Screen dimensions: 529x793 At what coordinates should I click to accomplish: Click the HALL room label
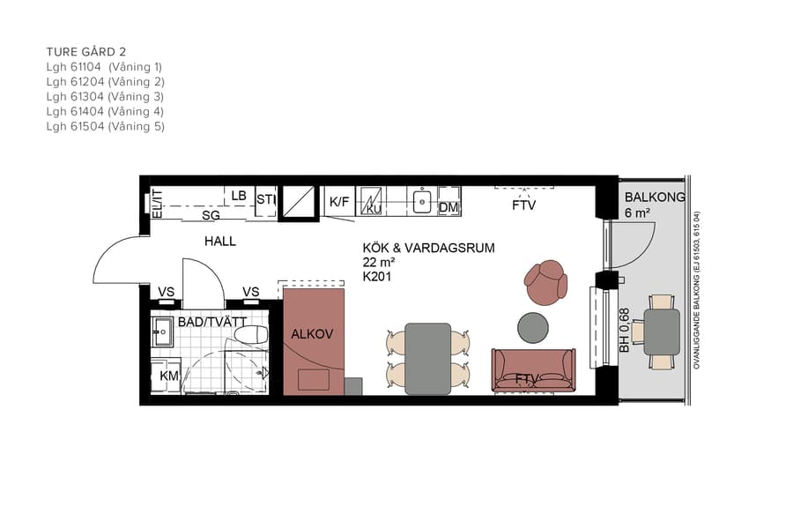(220, 241)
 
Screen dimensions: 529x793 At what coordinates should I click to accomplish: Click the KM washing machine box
(168, 376)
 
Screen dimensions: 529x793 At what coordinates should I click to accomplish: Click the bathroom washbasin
(162, 332)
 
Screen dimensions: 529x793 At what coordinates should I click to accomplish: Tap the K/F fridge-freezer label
(339, 202)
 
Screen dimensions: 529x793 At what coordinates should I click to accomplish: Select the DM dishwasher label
(448, 207)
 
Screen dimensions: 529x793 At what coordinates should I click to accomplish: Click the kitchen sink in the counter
(422, 201)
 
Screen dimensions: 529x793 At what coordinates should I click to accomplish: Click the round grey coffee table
(532, 326)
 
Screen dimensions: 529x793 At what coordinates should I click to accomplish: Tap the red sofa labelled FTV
(533, 370)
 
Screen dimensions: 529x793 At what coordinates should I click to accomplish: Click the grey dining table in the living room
(427, 358)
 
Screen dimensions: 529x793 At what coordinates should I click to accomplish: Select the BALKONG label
(654, 197)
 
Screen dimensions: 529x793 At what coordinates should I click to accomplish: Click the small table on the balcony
(662, 332)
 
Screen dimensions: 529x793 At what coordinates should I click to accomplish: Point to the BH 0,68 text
(624, 331)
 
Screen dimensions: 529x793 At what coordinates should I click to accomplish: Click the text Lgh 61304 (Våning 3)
(105, 96)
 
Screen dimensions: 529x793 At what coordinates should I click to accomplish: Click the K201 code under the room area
(376, 277)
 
